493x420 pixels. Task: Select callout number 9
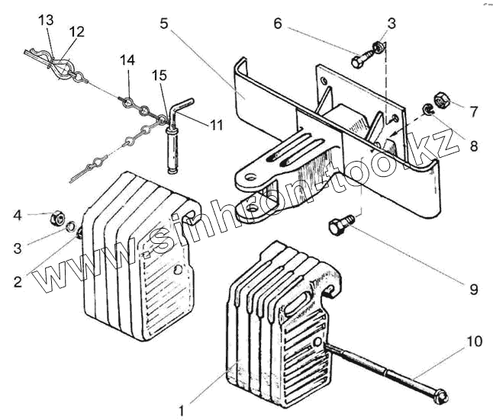click(x=474, y=289)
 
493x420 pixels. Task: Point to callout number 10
click(x=474, y=342)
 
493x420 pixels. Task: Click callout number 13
click(x=47, y=19)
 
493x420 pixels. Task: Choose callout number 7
click(x=474, y=112)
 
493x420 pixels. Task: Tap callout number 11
click(x=217, y=123)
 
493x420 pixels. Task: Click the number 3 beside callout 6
click(x=391, y=24)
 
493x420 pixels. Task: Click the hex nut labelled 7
click(x=442, y=100)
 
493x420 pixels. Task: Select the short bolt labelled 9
click(x=339, y=226)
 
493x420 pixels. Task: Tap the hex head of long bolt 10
click(x=440, y=396)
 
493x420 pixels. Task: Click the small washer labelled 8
click(x=430, y=111)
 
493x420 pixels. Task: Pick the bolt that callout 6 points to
click(x=361, y=58)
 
